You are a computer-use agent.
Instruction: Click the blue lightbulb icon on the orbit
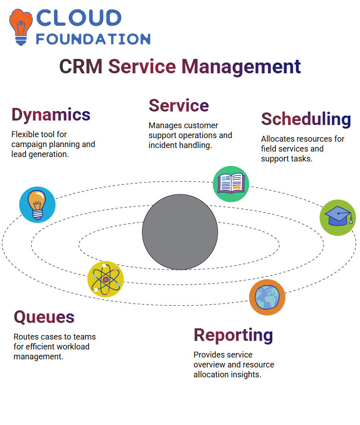[37, 205]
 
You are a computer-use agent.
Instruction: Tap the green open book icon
[231, 184]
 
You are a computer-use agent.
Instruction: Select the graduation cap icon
[338, 218]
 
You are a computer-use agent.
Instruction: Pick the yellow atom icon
[106, 279]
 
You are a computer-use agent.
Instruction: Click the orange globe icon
[267, 297]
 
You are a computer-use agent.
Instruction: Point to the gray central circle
[180, 232]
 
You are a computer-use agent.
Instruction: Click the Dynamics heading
[51, 115]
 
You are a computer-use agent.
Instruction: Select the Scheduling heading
[306, 119]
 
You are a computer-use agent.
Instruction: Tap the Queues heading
[44, 317]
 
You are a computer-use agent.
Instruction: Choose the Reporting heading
[233, 336]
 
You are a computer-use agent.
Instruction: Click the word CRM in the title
[81, 67]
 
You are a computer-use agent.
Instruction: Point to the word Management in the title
[241, 67]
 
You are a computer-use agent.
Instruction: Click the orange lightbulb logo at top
[21, 27]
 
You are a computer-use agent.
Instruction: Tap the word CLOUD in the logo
[79, 18]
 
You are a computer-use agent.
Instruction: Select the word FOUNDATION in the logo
[93, 39]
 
